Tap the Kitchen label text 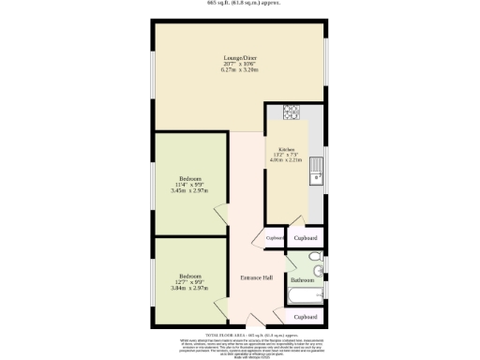click(285, 149)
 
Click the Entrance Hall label click(256, 277)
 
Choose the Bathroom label click(302, 280)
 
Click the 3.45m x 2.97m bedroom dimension click(190, 191)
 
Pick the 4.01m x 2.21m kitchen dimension click(285, 160)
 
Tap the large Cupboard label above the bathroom click(306, 238)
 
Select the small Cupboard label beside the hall click(275, 238)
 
